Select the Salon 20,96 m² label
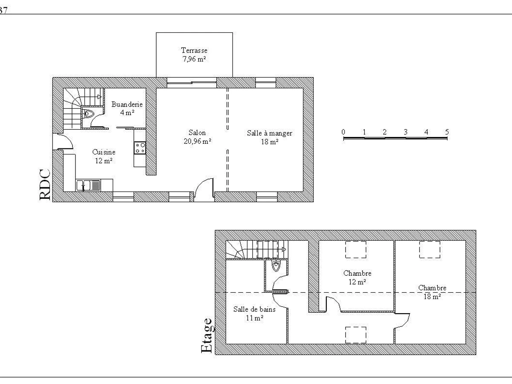(x=198, y=137)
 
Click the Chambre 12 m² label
(x=357, y=277)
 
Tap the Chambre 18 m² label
(x=432, y=292)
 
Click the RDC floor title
(x=45, y=184)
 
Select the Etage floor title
(x=207, y=336)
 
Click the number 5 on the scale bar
(x=447, y=132)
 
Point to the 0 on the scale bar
(x=343, y=132)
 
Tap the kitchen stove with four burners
(x=140, y=148)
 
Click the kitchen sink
(x=88, y=186)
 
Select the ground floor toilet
(x=88, y=114)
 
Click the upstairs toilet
(x=276, y=266)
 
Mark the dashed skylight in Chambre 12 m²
(x=355, y=250)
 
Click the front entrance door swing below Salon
(x=204, y=189)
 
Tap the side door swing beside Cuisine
(x=64, y=141)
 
